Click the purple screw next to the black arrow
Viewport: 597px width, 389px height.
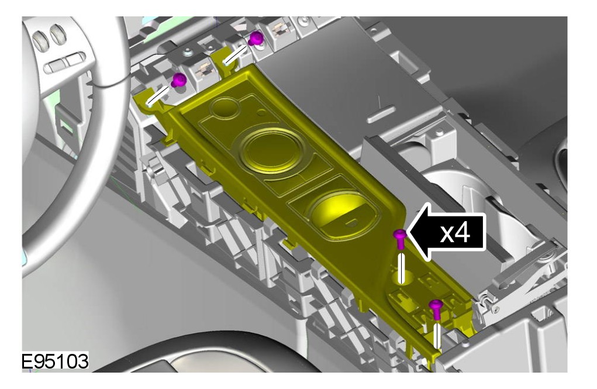400,239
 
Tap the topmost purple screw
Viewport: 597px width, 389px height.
256,38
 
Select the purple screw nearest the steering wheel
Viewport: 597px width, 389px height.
178,80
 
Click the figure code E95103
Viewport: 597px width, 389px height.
55,361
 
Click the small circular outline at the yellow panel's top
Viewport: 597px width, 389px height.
225,108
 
